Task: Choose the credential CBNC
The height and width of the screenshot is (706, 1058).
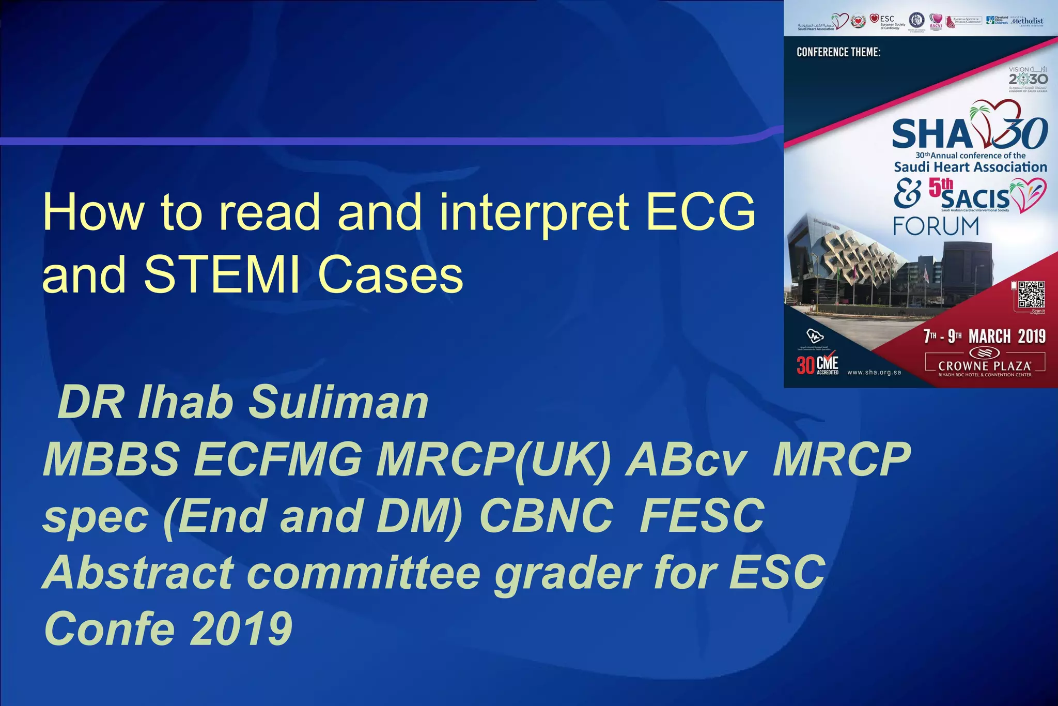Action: coord(546,515)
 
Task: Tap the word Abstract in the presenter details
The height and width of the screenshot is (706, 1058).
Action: coord(139,572)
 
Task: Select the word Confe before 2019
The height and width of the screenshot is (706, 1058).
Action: coord(110,628)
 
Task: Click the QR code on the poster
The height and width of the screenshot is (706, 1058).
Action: coord(1031,295)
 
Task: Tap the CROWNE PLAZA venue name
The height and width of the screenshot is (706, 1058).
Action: coord(985,366)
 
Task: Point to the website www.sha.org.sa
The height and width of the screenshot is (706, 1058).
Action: coord(874,372)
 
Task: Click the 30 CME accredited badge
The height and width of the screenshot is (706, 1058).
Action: coord(817,365)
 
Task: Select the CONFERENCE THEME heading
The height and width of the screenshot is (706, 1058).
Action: coord(838,52)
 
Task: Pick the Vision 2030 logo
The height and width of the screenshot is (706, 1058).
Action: coord(1028,78)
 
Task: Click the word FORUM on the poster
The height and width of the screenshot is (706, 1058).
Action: coord(936,227)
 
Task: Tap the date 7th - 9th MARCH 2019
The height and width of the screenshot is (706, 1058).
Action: coord(984,336)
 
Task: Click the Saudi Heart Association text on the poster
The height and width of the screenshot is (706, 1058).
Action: coord(970,167)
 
